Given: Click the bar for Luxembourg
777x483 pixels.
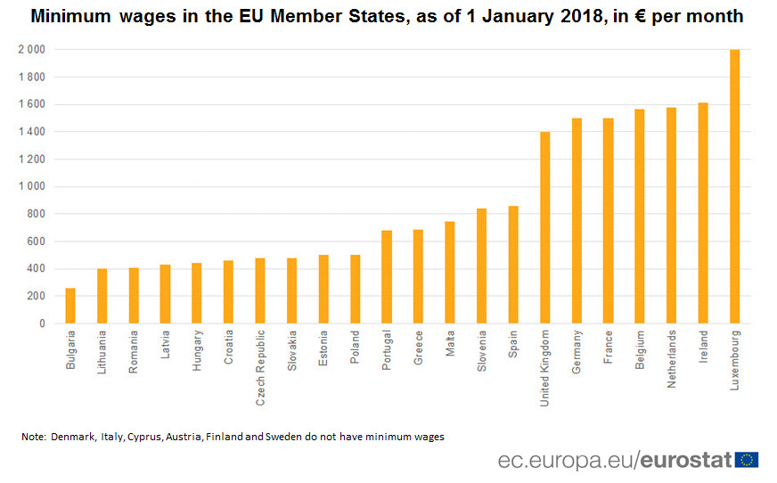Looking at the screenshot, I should pos(734,186).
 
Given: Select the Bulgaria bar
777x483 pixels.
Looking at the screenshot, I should pos(70,306).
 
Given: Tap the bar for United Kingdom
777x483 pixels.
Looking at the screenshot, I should pos(544,227).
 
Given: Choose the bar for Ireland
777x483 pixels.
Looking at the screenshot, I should pos(703,213).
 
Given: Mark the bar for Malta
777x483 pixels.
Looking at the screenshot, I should pos(450,273).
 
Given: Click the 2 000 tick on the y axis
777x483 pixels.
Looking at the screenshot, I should pos(30,50).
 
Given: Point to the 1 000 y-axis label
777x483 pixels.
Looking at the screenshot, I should pos(30,187).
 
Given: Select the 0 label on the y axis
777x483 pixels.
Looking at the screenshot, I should pos(41,324).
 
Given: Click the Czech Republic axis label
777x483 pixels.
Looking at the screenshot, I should pos(260,367).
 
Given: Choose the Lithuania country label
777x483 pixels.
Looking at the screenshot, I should pos(102,354).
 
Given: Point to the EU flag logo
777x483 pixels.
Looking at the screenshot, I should pos(747,460).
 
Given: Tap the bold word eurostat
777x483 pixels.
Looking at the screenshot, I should pos(686,460).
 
